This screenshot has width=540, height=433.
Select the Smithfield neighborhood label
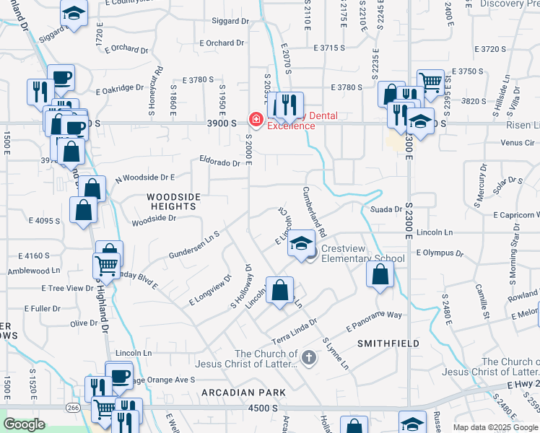(x=388, y=344)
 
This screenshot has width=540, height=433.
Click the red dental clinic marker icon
(x=255, y=119)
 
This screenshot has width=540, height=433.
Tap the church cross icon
(x=308, y=357)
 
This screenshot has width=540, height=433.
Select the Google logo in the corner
(x=24, y=425)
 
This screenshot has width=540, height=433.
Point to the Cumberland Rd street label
(x=315, y=212)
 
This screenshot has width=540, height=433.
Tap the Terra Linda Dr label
(x=293, y=331)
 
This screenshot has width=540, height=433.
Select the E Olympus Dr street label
(x=439, y=253)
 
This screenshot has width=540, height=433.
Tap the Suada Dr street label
(x=386, y=209)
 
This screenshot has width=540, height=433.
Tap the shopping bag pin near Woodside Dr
(x=84, y=211)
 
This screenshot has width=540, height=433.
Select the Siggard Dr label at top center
(x=230, y=21)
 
